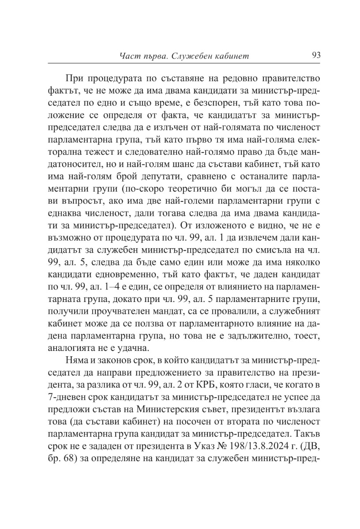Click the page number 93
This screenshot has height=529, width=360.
[316, 56]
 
